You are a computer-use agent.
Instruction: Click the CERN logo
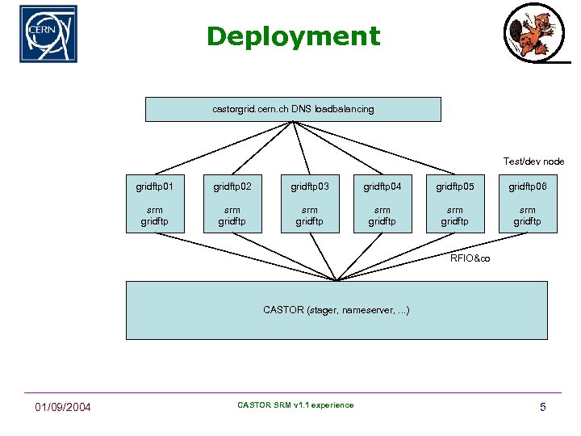click(48, 34)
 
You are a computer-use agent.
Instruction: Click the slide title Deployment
click(293, 36)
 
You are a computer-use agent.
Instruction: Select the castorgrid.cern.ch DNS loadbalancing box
click(293, 109)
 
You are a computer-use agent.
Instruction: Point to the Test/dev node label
click(533, 161)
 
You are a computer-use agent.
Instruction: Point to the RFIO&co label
click(470, 258)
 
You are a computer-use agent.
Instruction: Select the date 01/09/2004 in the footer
click(62, 407)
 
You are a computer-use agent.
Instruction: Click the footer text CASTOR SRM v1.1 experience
click(295, 405)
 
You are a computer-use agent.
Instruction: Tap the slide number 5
click(543, 407)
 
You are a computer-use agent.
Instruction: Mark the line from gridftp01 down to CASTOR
click(242, 256)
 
